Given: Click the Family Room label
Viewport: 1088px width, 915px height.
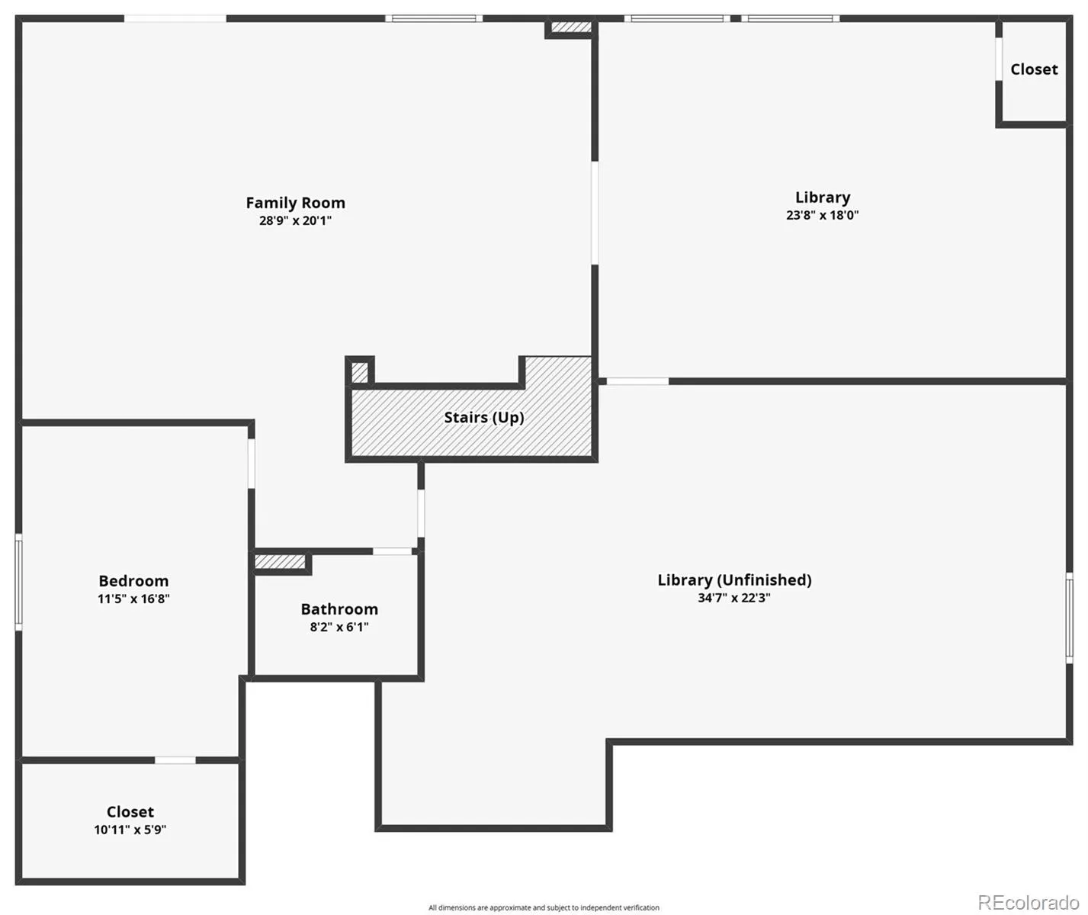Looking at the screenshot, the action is [296, 203].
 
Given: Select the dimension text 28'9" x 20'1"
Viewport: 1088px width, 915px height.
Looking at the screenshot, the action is [296, 220].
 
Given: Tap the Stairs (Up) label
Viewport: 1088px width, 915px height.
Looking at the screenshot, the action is [484, 417].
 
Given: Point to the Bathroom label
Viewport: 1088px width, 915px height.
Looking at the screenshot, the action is [339, 609].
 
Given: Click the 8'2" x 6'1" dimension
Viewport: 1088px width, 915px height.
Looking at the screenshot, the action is [339, 627].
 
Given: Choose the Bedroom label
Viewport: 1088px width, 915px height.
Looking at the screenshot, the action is [133, 581].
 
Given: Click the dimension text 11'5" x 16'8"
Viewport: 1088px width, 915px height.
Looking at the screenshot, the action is [133, 599].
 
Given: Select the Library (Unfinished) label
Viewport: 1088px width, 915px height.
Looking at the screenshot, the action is [734, 580].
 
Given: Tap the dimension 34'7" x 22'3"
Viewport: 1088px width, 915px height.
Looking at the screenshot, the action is [734, 598].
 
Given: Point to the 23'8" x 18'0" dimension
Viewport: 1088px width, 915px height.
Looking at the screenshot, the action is [822, 215].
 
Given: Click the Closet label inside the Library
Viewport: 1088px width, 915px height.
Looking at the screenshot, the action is [1034, 69].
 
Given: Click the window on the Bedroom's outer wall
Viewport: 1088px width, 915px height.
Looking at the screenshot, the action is [19, 582].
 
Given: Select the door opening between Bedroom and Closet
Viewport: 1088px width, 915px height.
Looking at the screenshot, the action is [175, 760].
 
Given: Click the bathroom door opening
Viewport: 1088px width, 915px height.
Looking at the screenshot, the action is [392, 551].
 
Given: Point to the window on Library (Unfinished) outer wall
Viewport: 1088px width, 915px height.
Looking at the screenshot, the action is [1069, 618].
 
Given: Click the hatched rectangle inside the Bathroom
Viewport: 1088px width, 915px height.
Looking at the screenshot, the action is [280, 562].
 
